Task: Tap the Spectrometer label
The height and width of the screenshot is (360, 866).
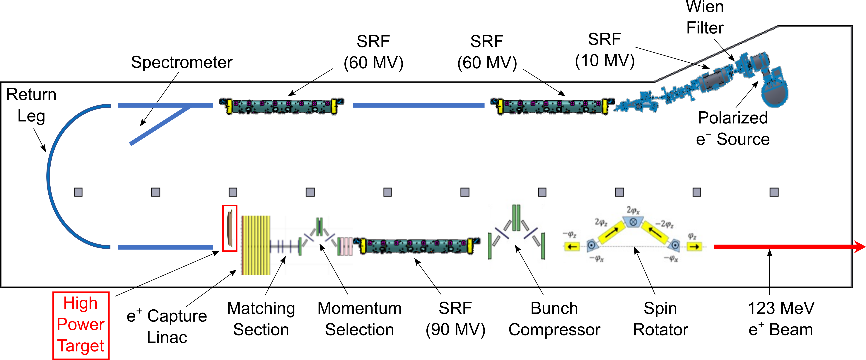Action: click(x=182, y=62)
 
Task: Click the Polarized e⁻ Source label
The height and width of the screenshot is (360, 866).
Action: click(x=733, y=128)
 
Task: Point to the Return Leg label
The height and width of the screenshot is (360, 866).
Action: click(x=31, y=105)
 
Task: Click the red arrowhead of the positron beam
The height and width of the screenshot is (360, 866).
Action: click(x=859, y=247)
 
